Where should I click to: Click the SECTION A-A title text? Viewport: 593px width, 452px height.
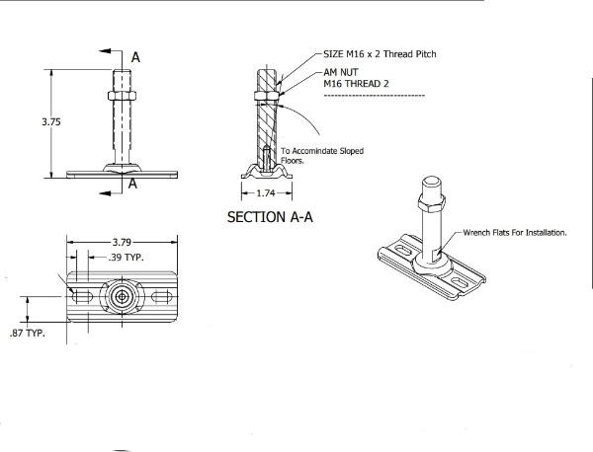point(269,217)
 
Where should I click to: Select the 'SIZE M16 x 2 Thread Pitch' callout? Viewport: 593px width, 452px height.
point(380,54)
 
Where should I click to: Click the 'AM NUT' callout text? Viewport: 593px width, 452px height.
point(343,74)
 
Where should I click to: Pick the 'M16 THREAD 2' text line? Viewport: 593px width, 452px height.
point(358,84)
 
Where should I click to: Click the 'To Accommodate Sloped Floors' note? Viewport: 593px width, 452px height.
point(321,155)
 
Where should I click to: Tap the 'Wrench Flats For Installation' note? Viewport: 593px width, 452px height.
point(514,233)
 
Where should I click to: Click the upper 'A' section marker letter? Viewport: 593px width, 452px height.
point(135,58)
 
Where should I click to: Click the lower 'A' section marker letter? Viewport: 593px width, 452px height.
point(131,183)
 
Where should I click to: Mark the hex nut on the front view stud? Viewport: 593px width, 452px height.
point(122,99)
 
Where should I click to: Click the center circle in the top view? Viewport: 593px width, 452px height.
point(121,295)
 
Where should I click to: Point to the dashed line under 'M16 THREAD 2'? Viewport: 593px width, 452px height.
point(374,96)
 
